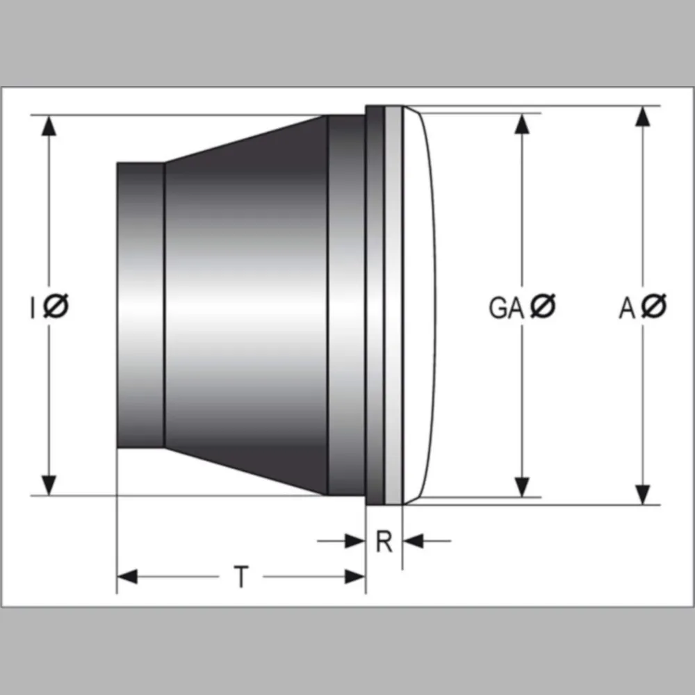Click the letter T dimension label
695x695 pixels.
(241, 576)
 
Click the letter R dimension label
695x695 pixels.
(384, 541)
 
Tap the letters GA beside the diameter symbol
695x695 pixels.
(506, 308)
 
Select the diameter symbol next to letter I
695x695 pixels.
(56, 306)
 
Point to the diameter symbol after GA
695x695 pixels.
(543, 306)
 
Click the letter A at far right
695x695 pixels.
(627, 308)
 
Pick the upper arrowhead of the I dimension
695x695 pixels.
(49, 125)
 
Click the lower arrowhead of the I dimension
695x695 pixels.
(49, 485)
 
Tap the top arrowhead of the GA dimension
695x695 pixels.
(523, 124)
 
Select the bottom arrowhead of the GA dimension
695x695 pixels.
(523, 486)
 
